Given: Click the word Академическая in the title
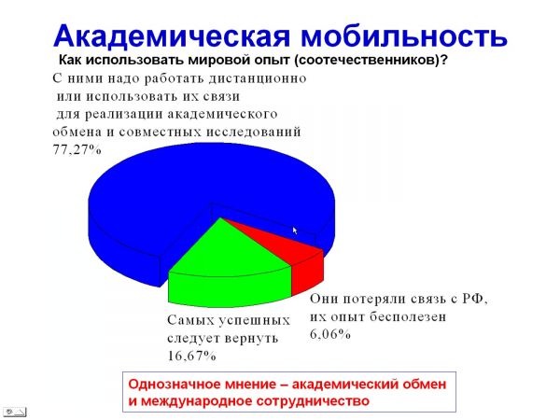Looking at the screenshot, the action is pyautogui.click(x=172, y=36).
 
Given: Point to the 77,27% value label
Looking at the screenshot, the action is pyautogui.click(x=77, y=149).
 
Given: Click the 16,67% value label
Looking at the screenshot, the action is pyautogui.click(x=191, y=356).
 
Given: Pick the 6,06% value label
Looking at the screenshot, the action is pyautogui.click(x=330, y=334).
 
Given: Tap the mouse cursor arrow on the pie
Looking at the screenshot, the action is pyautogui.click(x=295, y=231).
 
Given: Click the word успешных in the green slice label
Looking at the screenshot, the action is pyautogui.click(x=254, y=320).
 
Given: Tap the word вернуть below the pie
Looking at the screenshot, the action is pyautogui.click(x=251, y=338).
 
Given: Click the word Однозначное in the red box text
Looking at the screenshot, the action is pyautogui.click(x=172, y=385).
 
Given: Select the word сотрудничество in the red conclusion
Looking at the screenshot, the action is pyautogui.click(x=313, y=401).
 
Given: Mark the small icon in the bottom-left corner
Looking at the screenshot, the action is pyautogui.click(x=15, y=412).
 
